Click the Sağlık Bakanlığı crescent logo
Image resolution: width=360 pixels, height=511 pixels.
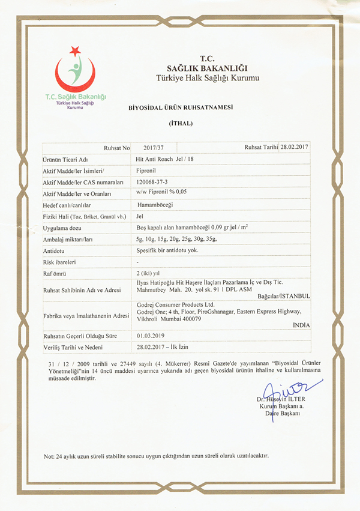click(76, 73)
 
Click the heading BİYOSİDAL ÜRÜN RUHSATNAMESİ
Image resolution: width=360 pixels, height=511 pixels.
click(180, 108)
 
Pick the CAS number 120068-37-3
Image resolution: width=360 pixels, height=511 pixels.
click(153, 181)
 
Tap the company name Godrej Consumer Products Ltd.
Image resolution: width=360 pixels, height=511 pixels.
click(175, 304)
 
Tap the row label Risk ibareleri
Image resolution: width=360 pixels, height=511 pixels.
click(59, 262)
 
